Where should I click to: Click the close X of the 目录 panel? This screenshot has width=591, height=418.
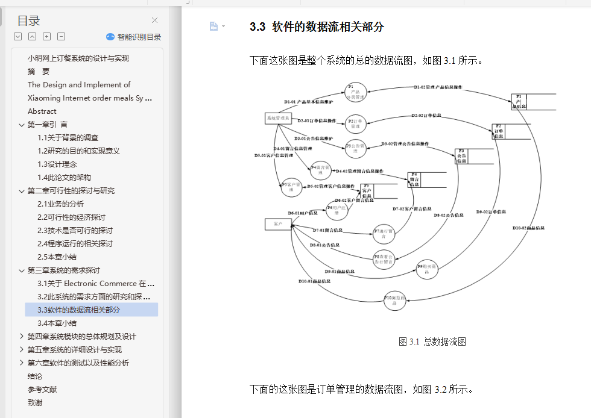click(x=155, y=20)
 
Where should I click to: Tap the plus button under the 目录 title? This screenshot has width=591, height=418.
click(x=46, y=37)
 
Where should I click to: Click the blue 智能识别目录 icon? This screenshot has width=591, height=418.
click(x=110, y=37)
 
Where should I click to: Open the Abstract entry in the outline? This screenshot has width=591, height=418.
click(x=42, y=111)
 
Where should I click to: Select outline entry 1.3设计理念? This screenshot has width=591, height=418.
click(x=57, y=164)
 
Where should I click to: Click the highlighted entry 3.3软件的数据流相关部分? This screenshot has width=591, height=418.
click(x=79, y=310)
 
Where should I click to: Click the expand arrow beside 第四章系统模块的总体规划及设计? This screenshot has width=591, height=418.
click(x=22, y=337)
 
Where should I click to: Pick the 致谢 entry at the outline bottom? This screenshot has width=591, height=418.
click(x=35, y=403)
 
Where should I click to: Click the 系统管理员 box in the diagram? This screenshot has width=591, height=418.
click(x=279, y=119)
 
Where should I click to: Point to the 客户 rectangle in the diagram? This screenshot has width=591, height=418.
click(x=278, y=224)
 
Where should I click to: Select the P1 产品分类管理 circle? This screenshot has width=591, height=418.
click(x=356, y=92)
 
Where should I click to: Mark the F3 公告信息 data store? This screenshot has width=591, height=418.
click(x=462, y=157)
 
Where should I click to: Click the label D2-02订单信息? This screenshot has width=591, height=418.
click(x=427, y=115)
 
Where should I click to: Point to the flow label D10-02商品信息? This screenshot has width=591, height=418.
click(x=529, y=228)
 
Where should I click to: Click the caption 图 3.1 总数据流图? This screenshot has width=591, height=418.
click(x=432, y=342)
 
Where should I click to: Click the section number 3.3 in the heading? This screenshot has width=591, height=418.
click(x=258, y=27)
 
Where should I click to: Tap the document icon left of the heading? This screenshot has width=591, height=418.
click(x=213, y=26)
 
